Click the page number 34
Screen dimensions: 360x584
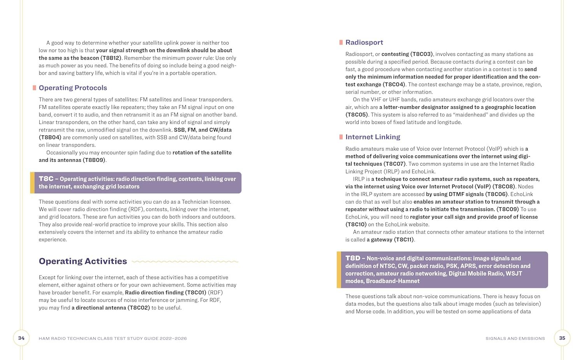(21, 338)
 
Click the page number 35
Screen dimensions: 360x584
(562, 338)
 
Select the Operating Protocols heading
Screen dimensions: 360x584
(73, 88)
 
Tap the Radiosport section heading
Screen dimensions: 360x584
(364, 42)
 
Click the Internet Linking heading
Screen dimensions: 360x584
(373, 137)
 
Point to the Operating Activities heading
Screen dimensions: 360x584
(83, 261)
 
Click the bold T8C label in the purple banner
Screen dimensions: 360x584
(46, 179)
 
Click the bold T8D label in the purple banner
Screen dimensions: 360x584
(353, 258)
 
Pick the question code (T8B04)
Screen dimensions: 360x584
(50, 137)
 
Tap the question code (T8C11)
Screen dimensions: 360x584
(404, 240)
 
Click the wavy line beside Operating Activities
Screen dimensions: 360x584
(185, 262)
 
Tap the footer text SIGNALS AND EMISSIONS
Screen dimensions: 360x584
(515, 339)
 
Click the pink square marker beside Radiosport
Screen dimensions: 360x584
(341, 42)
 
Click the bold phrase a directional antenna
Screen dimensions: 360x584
(99, 308)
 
